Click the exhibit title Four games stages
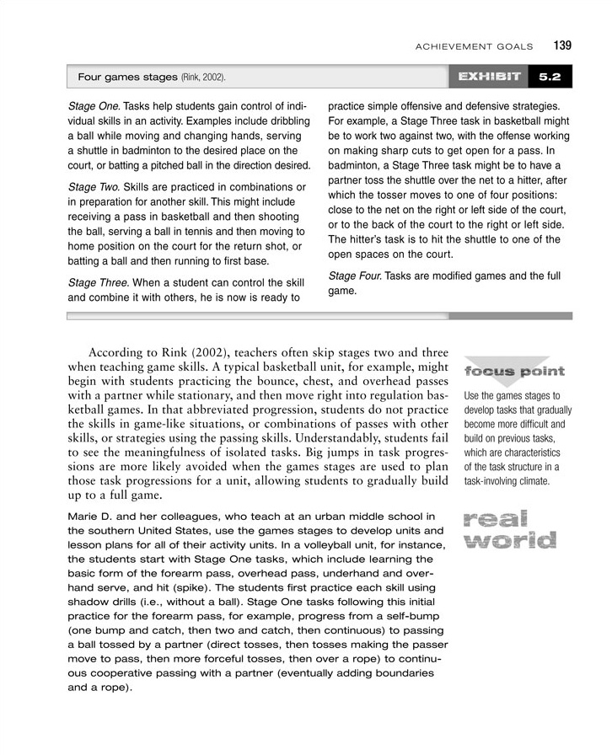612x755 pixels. point(126,77)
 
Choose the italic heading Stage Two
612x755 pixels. point(94,185)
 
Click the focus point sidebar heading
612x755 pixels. point(514,372)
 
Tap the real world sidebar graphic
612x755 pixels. point(508,528)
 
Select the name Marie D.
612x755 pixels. point(92,515)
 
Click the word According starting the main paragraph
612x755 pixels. point(121,353)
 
